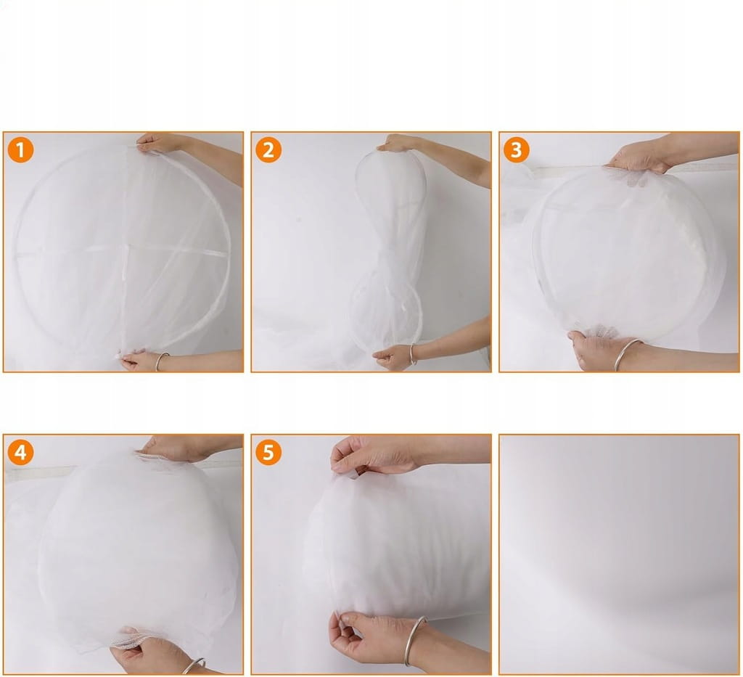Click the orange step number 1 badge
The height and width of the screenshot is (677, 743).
pos(20,149)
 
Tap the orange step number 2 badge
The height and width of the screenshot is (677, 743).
pos(268,149)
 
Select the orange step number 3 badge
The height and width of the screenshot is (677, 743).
pos(516,149)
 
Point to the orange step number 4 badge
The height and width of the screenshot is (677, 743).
pos(20,452)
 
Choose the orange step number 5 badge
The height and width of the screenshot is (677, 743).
pos(268,452)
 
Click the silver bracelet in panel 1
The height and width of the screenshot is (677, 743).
pos(162,361)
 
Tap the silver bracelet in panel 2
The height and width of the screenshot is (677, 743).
pos(413,354)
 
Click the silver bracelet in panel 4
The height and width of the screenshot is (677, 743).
pos(194,665)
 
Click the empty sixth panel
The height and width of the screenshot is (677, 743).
pos(619,554)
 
